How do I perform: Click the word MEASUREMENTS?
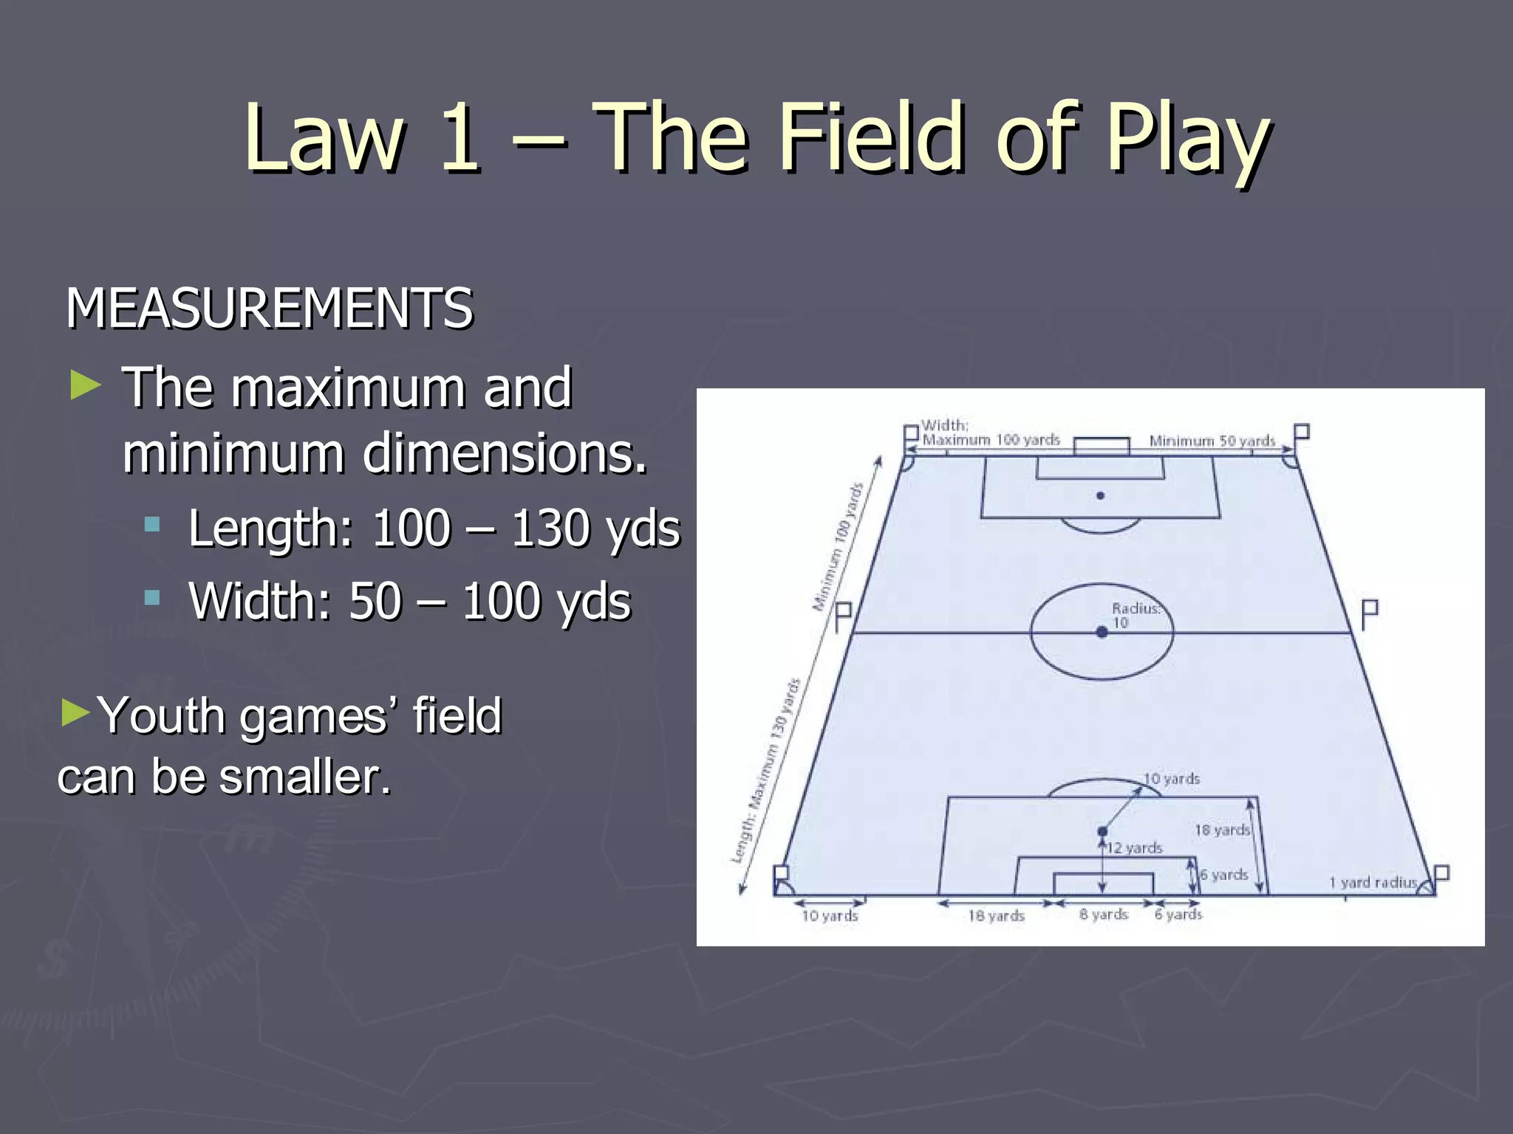tap(270, 309)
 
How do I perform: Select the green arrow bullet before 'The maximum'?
tap(85, 385)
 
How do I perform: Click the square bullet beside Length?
tap(152, 525)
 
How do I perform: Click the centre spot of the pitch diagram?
tap(1102, 632)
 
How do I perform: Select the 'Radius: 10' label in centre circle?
tap(1135, 615)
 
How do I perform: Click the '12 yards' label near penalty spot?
tap(1134, 848)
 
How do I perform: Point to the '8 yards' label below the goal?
tap(1103, 915)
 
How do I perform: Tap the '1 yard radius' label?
tap(1373, 882)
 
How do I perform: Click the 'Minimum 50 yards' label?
tap(1212, 441)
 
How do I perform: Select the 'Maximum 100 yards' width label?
tap(991, 440)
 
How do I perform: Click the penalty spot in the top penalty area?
tap(1100, 495)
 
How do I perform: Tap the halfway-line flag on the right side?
tap(1369, 612)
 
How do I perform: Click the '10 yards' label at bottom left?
tap(830, 916)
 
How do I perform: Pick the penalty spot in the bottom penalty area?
tap(1102, 831)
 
